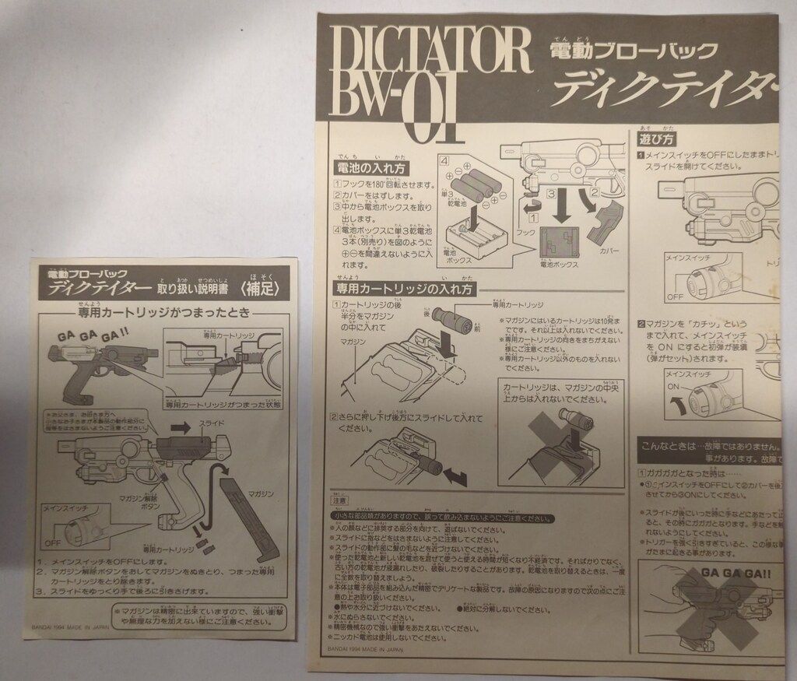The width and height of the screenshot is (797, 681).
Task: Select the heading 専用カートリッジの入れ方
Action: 404,288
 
